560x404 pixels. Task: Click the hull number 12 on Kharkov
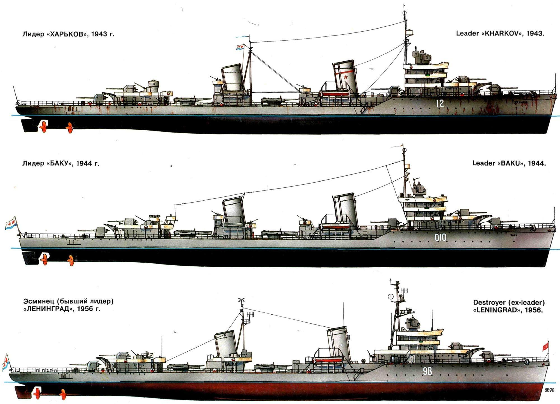440,103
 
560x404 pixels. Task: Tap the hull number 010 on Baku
440,238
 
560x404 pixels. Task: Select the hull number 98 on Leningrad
427,371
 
